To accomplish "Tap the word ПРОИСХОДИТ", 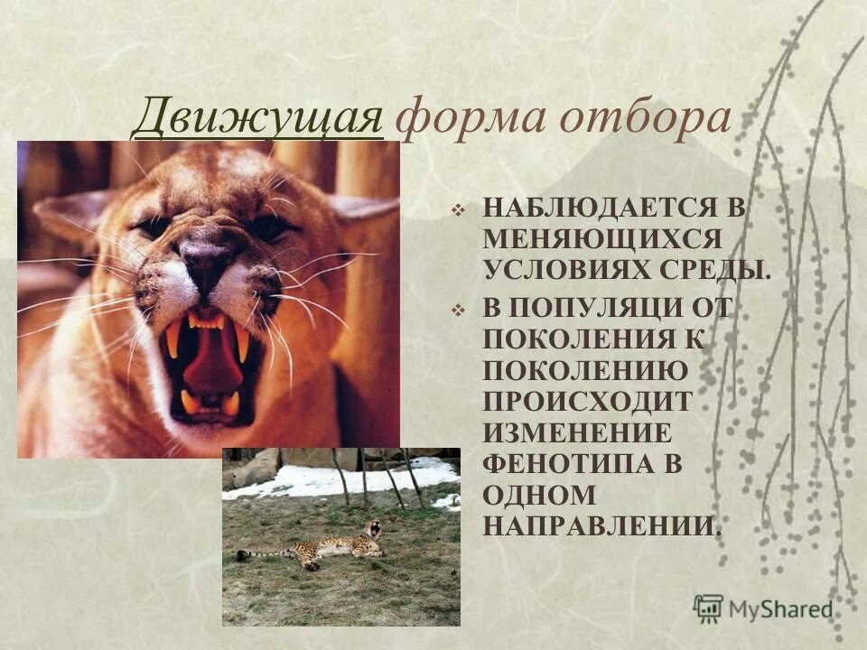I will tap(587, 400).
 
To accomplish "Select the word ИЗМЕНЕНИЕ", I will tap(576, 431).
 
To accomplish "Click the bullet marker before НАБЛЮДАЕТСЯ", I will tap(458, 209).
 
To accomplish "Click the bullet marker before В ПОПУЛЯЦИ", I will tap(458, 309).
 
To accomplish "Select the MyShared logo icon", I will tap(708, 608).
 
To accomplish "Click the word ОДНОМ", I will tap(538, 494).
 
